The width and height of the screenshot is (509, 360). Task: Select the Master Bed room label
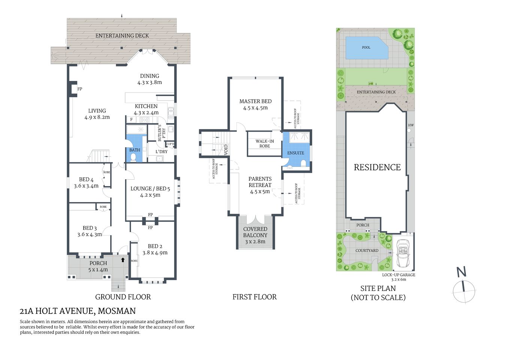click(x=255, y=101)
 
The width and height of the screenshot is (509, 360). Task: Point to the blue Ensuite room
click(x=296, y=153)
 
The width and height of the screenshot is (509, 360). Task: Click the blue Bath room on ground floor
click(x=135, y=150)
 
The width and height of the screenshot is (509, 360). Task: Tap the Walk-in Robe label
click(x=265, y=144)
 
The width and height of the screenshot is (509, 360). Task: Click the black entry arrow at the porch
click(x=123, y=259)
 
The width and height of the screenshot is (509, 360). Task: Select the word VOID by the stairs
click(x=226, y=150)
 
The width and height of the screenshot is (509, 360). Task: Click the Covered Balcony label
click(x=255, y=232)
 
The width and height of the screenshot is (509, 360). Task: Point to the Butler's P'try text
click(x=161, y=133)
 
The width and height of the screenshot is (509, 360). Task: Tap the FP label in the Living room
click(x=79, y=89)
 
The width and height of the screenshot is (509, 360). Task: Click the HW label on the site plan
click(x=411, y=125)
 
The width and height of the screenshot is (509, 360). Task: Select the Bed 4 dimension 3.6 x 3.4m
click(x=86, y=186)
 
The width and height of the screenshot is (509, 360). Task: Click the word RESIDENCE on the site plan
click(x=377, y=167)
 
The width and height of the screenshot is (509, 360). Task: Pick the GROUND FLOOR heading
click(x=123, y=297)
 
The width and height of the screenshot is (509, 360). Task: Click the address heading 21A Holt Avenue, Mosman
click(x=78, y=311)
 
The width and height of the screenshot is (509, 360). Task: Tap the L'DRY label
click(x=161, y=151)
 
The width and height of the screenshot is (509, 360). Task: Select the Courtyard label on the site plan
click(x=367, y=250)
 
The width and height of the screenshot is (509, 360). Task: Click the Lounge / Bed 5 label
click(x=150, y=189)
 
